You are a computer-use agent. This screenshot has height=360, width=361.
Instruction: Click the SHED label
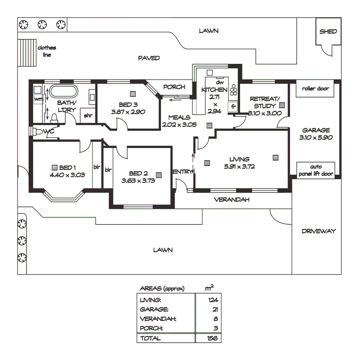[x=328, y=32]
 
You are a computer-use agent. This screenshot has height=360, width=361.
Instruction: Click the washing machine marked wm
[x=38, y=99]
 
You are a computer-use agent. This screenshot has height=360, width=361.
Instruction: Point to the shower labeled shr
[x=88, y=116]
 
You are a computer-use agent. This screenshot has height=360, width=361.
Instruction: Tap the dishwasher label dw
[x=219, y=82]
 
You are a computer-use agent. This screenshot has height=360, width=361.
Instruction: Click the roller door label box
[x=315, y=89]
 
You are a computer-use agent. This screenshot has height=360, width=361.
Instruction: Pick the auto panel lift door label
[x=315, y=170]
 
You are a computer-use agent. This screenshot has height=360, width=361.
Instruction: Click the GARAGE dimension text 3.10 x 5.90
[x=316, y=137]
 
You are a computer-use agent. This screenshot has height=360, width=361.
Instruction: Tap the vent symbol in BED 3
[x=133, y=94]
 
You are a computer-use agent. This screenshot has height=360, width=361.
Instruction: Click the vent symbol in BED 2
[x=159, y=174]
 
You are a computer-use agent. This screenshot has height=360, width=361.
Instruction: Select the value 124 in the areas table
[x=213, y=300]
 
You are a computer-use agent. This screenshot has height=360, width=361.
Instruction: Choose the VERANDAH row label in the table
[x=158, y=319]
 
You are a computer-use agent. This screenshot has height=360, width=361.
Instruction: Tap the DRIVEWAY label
[x=319, y=231]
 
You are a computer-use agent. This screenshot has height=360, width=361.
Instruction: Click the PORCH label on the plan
[x=174, y=87]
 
